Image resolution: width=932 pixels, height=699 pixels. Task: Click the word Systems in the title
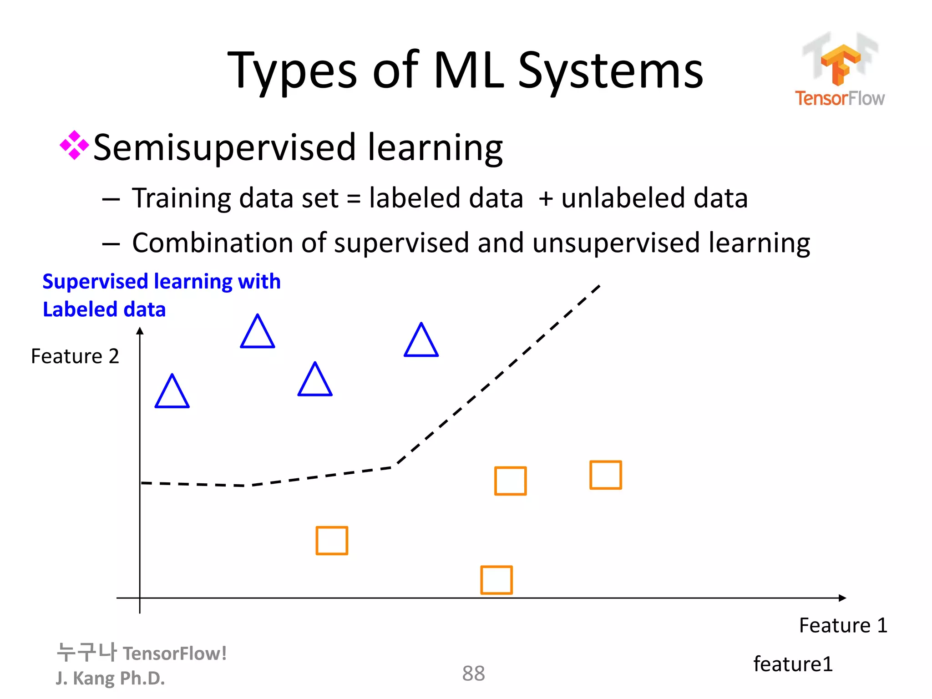tap(611, 71)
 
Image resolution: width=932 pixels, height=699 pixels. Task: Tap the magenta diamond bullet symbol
tap(74, 146)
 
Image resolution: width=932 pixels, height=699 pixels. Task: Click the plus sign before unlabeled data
tap(545, 199)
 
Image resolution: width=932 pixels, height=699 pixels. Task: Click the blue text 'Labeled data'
tap(104, 309)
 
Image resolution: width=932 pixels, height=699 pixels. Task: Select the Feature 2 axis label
tap(75, 356)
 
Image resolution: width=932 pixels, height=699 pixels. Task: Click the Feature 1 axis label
tap(843, 625)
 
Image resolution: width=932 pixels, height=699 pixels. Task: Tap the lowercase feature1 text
tap(793, 664)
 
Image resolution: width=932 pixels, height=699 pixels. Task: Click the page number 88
tap(473, 674)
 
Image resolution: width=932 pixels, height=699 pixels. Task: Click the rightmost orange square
tap(605, 475)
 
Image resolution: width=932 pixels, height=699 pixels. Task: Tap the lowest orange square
tap(496, 580)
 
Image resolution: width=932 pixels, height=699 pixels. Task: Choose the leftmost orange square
tap(332, 541)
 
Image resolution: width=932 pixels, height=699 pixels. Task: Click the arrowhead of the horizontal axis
tap(843, 598)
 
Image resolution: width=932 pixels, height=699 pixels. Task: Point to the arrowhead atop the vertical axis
tap(140, 331)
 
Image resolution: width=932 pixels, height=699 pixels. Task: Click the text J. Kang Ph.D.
tap(110, 678)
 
